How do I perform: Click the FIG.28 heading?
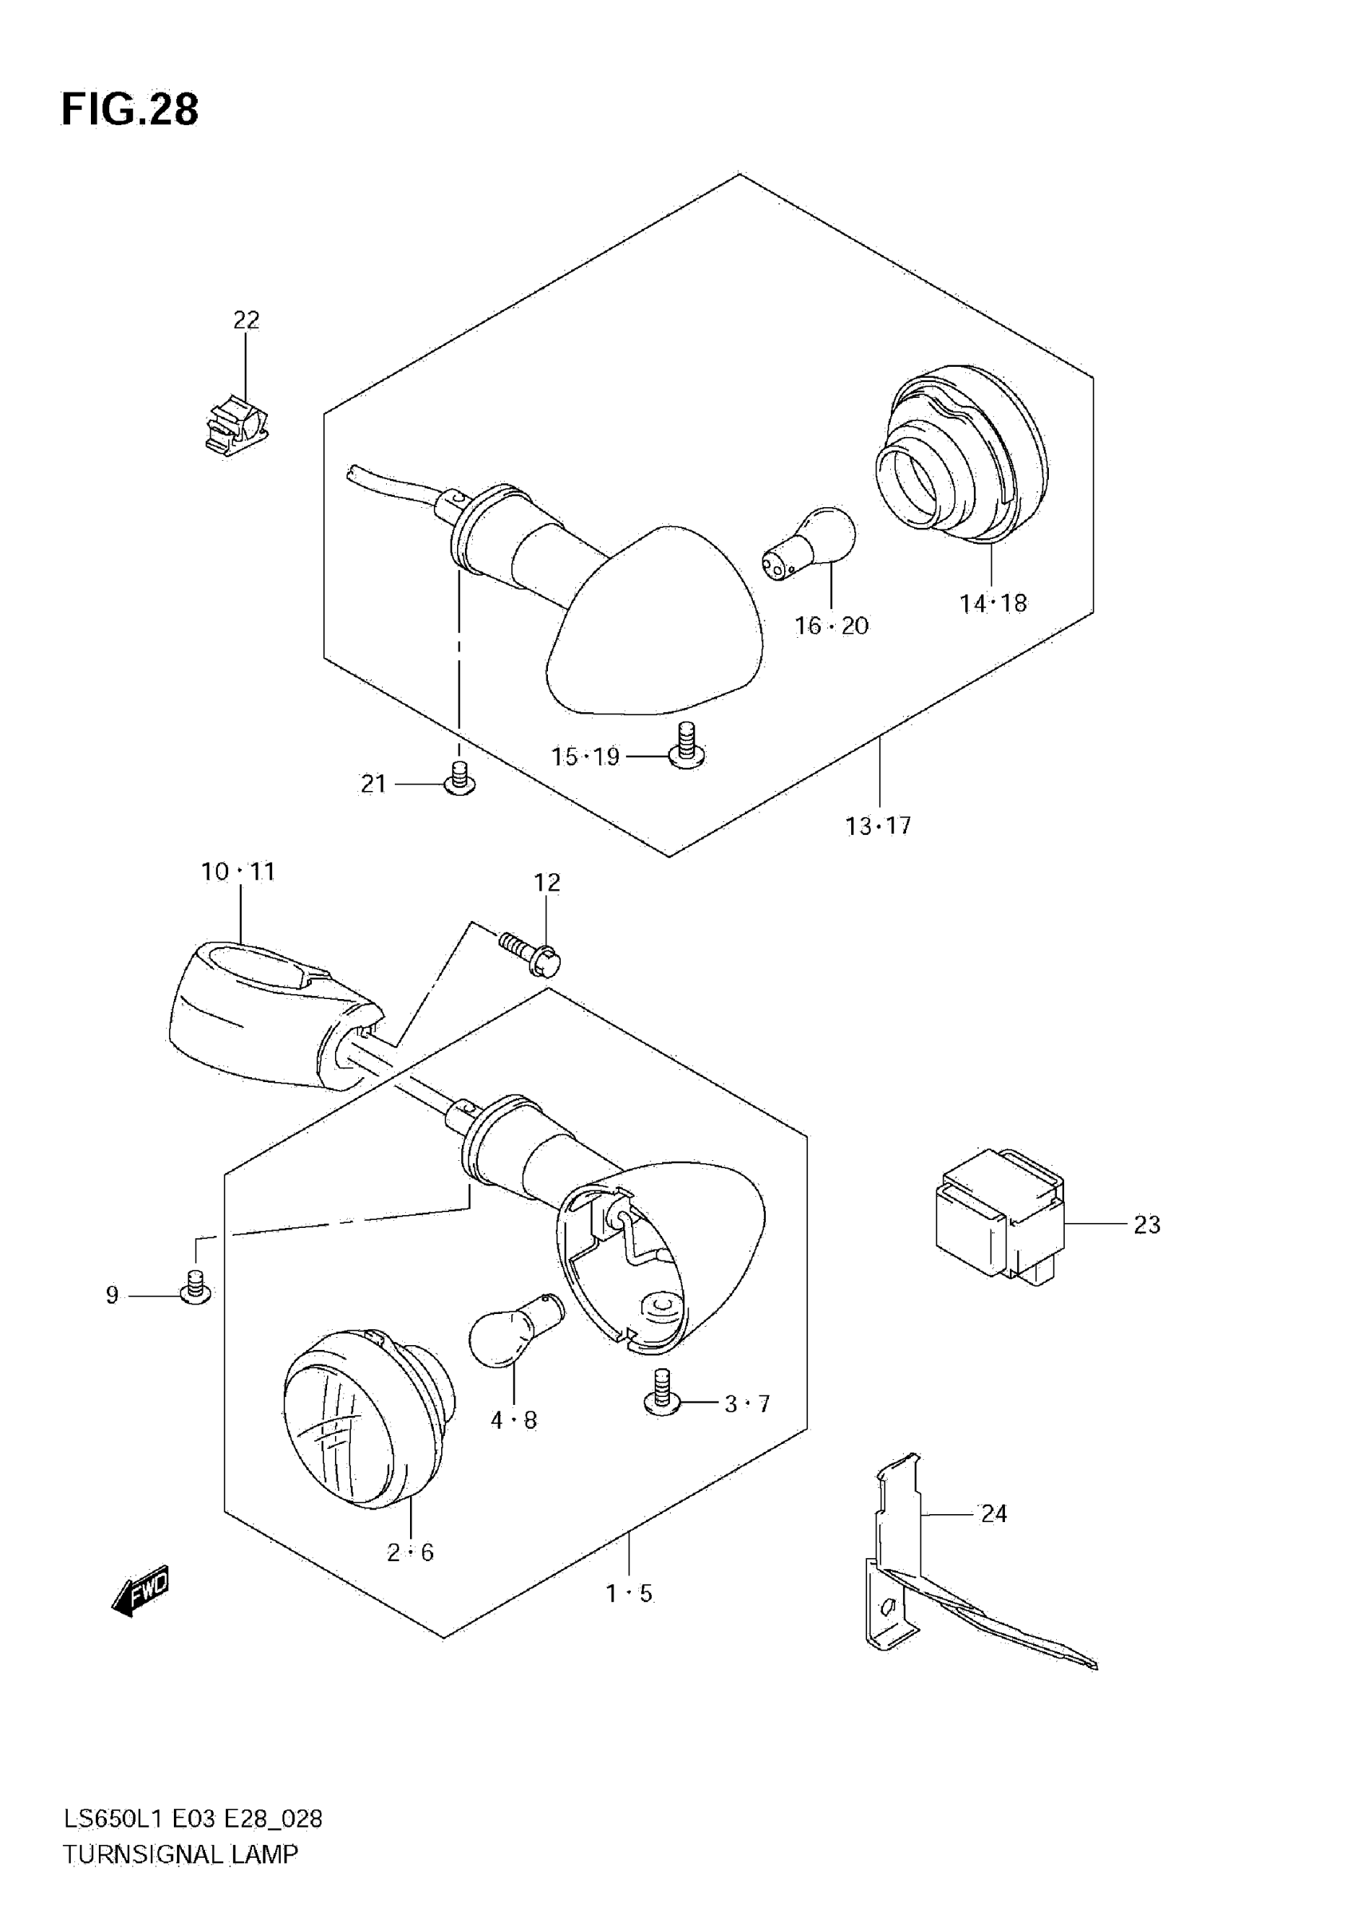130,109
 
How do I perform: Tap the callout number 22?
246,320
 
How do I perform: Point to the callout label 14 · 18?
993,603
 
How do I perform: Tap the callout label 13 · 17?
877,826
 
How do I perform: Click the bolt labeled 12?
531,954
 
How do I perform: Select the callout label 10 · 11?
238,871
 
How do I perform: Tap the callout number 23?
1147,1225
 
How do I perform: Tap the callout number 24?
993,1513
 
